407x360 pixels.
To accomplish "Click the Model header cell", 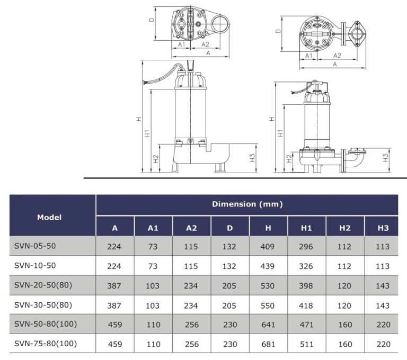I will click(49, 217).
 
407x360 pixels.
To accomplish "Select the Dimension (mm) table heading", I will click(247, 204).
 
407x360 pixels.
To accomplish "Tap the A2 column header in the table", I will click(192, 228).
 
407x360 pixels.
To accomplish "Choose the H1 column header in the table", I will click(306, 228).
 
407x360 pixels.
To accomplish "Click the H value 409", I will click(268, 247).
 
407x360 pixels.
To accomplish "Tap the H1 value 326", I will click(306, 266).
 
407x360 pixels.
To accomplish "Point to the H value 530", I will click(268, 286).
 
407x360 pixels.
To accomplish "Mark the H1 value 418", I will click(306, 305).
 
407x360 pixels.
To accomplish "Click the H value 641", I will click(268, 325).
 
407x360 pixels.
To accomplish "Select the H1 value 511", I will click(306, 344).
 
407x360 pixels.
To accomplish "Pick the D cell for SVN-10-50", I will click(230, 266).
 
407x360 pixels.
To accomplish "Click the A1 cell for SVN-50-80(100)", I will click(153, 325).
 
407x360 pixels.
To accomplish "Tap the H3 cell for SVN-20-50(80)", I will click(383, 286).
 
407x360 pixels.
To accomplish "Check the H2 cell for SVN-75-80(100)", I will click(345, 344).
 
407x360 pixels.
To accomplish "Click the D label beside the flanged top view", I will click(278, 31).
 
